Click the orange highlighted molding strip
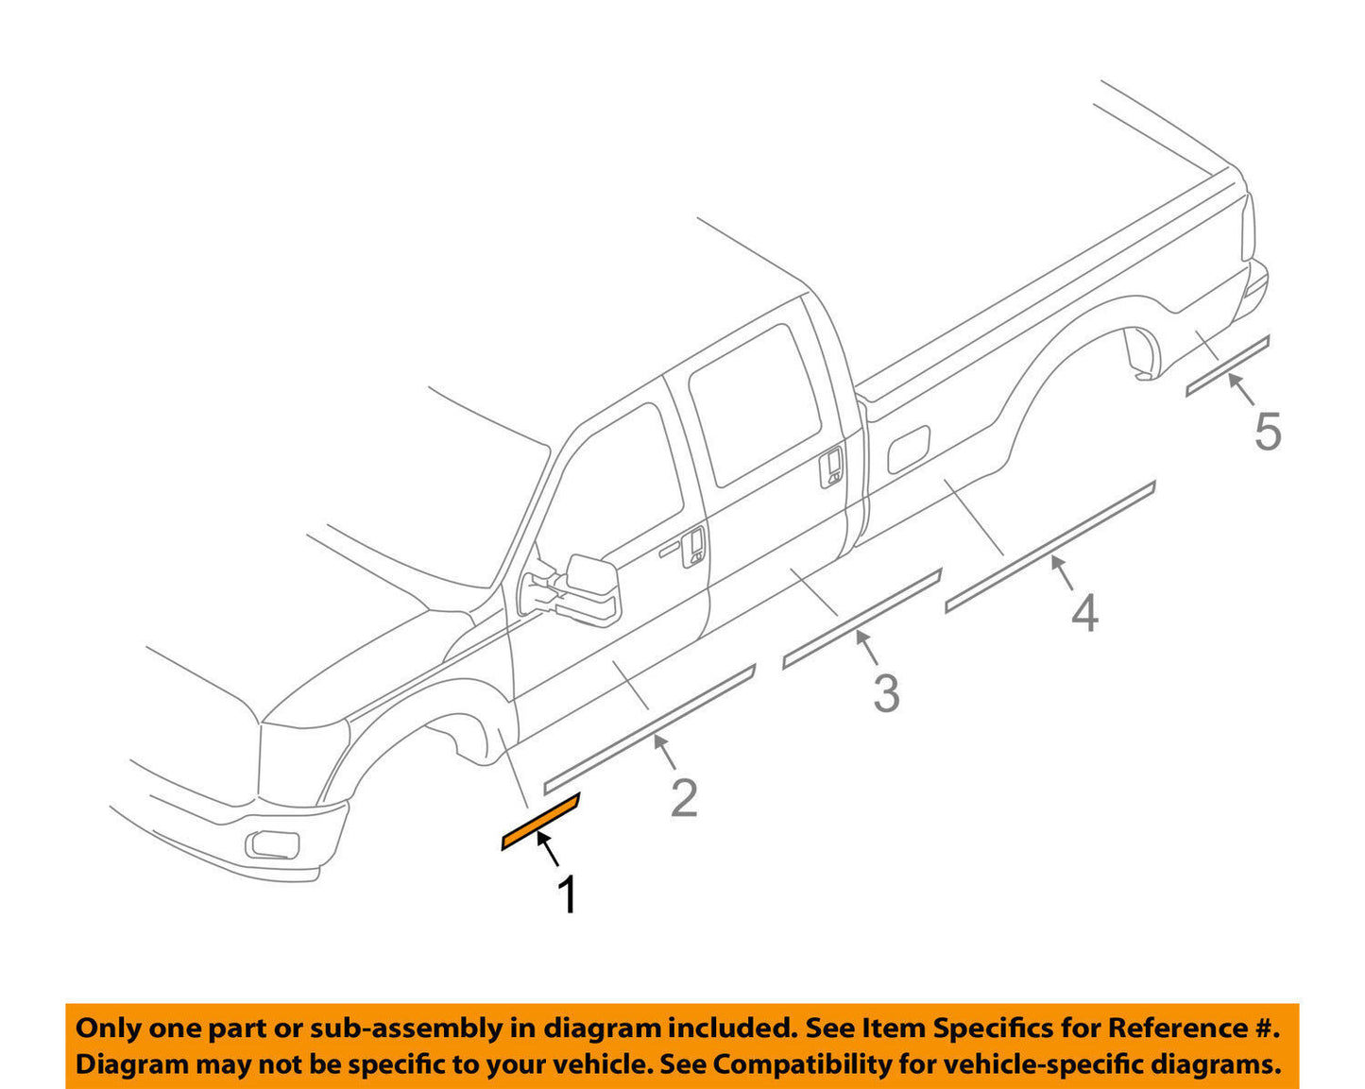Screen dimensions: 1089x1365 (x=539, y=823)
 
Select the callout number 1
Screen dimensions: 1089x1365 (x=567, y=894)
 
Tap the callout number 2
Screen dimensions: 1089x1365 (x=684, y=798)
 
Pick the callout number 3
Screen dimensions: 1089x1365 (x=885, y=693)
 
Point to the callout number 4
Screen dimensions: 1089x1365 (x=1084, y=613)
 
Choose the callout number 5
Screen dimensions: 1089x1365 (x=1268, y=432)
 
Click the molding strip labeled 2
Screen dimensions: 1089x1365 (x=650, y=727)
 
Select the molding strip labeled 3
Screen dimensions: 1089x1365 (x=862, y=620)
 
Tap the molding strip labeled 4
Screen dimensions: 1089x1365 (x=1049, y=547)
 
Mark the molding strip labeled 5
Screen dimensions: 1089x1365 (x=1227, y=366)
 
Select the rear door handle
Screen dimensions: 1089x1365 (x=831, y=466)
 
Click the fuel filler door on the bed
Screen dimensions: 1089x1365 (x=909, y=447)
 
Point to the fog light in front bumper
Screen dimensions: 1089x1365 (x=273, y=843)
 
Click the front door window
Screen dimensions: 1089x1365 (x=614, y=482)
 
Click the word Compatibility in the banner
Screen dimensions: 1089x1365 (x=783, y=1064)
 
